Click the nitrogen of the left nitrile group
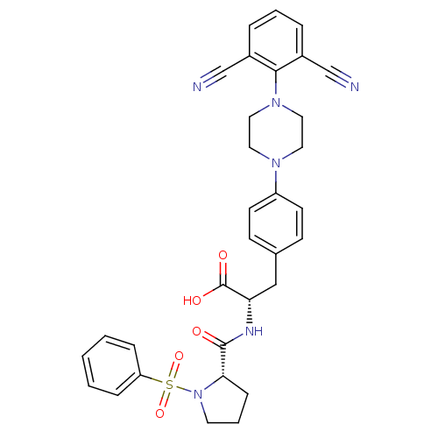pyautogui.click(x=197, y=87)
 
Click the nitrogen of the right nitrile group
pyautogui.click(x=355, y=87)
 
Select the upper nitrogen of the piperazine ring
pyautogui.click(x=276, y=102)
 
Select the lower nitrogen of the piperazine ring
pyautogui.click(x=276, y=163)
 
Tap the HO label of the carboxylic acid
pyautogui.click(x=192, y=300)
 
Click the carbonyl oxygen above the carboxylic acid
pyautogui.click(x=223, y=255)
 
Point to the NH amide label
pyautogui.click(x=254, y=331)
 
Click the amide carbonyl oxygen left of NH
pyautogui.click(x=197, y=331)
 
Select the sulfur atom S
pyautogui.click(x=169, y=385)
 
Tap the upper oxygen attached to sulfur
pyautogui.click(x=179, y=356)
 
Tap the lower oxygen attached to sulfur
pyautogui.click(x=159, y=413)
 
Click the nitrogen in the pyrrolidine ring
pyautogui.click(x=198, y=394)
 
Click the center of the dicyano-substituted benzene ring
pyautogui.click(x=276, y=41)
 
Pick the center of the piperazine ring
pyautogui.click(x=276, y=132)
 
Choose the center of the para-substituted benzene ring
pyautogui.click(x=276, y=224)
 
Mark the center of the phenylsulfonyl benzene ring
pyautogui.click(x=111, y=365)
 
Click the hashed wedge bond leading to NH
pyautogui.click(x=250, y=311)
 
